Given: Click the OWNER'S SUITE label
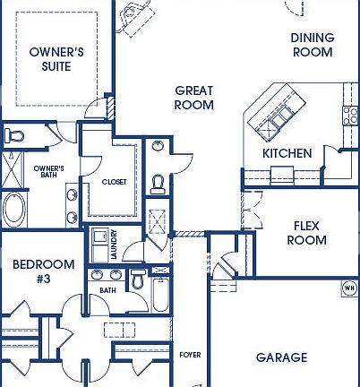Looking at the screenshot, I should (x=56, y=58).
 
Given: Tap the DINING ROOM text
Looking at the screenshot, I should (x=313, y=45).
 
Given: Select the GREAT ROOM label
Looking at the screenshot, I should (x=194, y=98).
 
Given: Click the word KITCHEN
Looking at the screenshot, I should (x=287, y=153).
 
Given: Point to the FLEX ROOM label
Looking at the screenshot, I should (x=306, y=233).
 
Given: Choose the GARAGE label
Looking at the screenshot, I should (x=281, y=357).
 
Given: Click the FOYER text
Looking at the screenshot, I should (x=190, y=355).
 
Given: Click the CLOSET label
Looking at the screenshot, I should (x=114, y=182).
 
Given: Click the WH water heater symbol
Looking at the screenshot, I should (x=349, y=288).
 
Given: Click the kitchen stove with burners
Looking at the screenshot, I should (x=350, y=114).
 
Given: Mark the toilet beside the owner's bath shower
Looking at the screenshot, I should (x=13, y=136).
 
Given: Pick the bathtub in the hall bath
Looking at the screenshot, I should (x=160, y=295).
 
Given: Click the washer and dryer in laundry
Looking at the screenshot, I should (x=99, y=244).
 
